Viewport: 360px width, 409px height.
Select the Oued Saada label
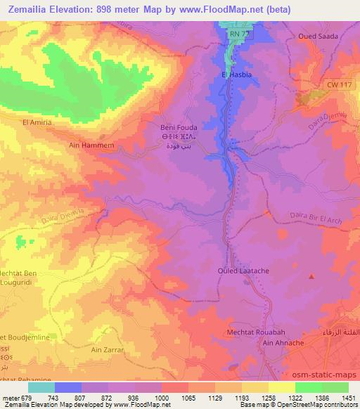tap(318, 36)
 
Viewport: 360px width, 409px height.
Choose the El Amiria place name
tap(37, 122)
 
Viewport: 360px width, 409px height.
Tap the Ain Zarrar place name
tap(108, 349)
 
